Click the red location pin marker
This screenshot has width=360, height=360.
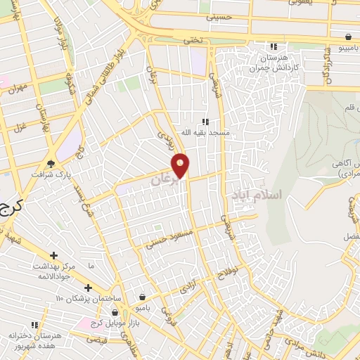point(181,166)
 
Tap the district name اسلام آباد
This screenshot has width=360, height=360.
point(256,193)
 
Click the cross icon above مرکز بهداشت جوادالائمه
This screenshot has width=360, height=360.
point(53,255)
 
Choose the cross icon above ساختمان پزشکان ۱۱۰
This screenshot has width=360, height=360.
point(88,287)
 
